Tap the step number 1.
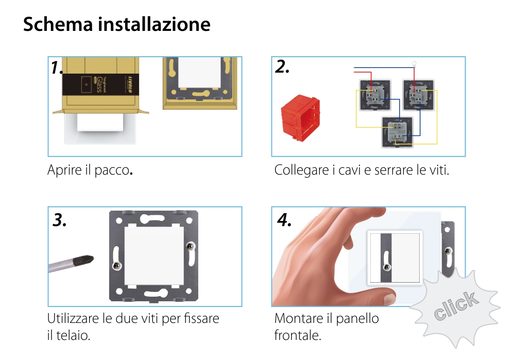point(57,67)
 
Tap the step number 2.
point(282,66)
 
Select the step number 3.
point(60,220)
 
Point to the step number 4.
point(284,220)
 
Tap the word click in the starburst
point(455,306)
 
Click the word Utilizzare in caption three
point(74,318)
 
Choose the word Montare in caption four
point(296,318)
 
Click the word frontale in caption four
point(298,336)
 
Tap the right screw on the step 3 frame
point(191,247)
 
